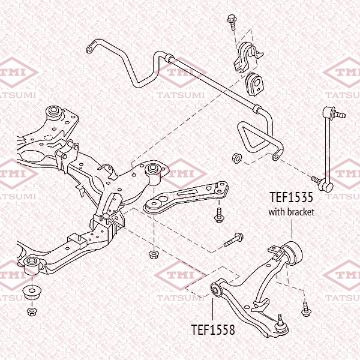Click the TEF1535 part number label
[x=291, y=197]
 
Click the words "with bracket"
[x=291, y=211]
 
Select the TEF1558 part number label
[x=212, y=329]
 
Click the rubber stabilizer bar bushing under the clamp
[x=254, y=83]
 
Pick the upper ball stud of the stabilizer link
[x=331, y=111]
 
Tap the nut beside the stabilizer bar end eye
[x=236, y=158]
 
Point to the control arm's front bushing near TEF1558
[x=217, y=291]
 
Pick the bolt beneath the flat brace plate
[x=219, y=214]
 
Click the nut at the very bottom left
[x=31, y=311]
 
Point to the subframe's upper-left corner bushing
[x=53, y=110]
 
